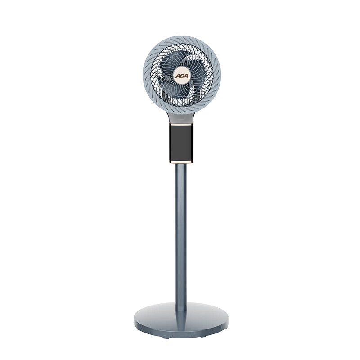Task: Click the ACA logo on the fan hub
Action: pyautogui.click(x=182, y=76)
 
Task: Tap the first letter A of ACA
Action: pyautogui.click(x=178, y=76)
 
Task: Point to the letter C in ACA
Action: pyautogui.click(x=182, y=76)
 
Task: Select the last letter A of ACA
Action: pyautogui.click(x=185, y=76)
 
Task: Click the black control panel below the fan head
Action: pyautogui.click(x=181, y=143)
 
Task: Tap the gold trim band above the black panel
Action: pyautogui.click(x=181, y=125)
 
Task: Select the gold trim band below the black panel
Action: pyautogui.click(x=181, y=162)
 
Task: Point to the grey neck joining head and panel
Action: pyautogui.click(x=181, y=118)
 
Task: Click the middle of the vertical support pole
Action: pyautogui.click(x=181, y=237)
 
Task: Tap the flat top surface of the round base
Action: pyautogui.click(x=202, y=315)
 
